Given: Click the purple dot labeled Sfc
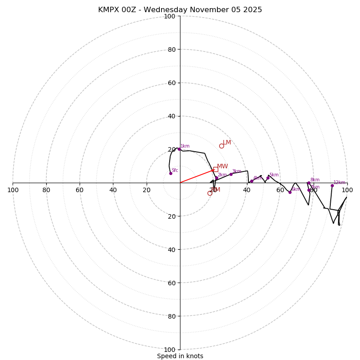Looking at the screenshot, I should (171, 173).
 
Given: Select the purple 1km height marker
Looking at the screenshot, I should (179, 149).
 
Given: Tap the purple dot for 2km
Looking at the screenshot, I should (216, 178).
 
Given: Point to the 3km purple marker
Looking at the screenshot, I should (231, 174).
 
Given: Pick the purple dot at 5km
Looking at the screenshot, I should (268, 178).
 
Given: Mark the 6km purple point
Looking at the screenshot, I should (290, 192).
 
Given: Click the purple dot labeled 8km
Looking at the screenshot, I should (309, 183).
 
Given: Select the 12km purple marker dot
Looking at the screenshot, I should (332, 185).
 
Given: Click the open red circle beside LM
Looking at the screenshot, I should (221, 146).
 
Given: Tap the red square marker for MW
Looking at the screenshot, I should (215, 170).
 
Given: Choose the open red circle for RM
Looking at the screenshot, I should (210, 193).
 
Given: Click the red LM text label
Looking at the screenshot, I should (227, 143).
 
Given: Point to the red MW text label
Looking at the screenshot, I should (222, 166).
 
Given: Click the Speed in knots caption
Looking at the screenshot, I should (180, 356).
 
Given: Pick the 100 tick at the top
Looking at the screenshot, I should (170, 16).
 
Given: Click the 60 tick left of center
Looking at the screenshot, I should (80, 190).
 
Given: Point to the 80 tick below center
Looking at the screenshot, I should (170, 316).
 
